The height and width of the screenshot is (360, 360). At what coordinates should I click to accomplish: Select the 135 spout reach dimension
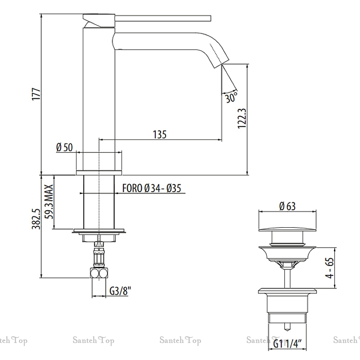pos(160,134)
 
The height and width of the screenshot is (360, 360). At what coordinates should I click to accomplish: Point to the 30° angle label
pos(231,97)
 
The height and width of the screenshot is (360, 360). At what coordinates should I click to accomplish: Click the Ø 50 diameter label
pos(64,147)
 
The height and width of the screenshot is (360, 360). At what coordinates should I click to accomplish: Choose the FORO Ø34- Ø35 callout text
pos(151,189)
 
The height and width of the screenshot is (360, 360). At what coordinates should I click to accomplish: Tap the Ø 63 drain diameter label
pos(287,207)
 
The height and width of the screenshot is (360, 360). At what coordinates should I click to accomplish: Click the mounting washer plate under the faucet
pos(99,232)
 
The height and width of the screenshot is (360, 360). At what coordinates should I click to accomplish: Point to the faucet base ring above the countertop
pos(99,172)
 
